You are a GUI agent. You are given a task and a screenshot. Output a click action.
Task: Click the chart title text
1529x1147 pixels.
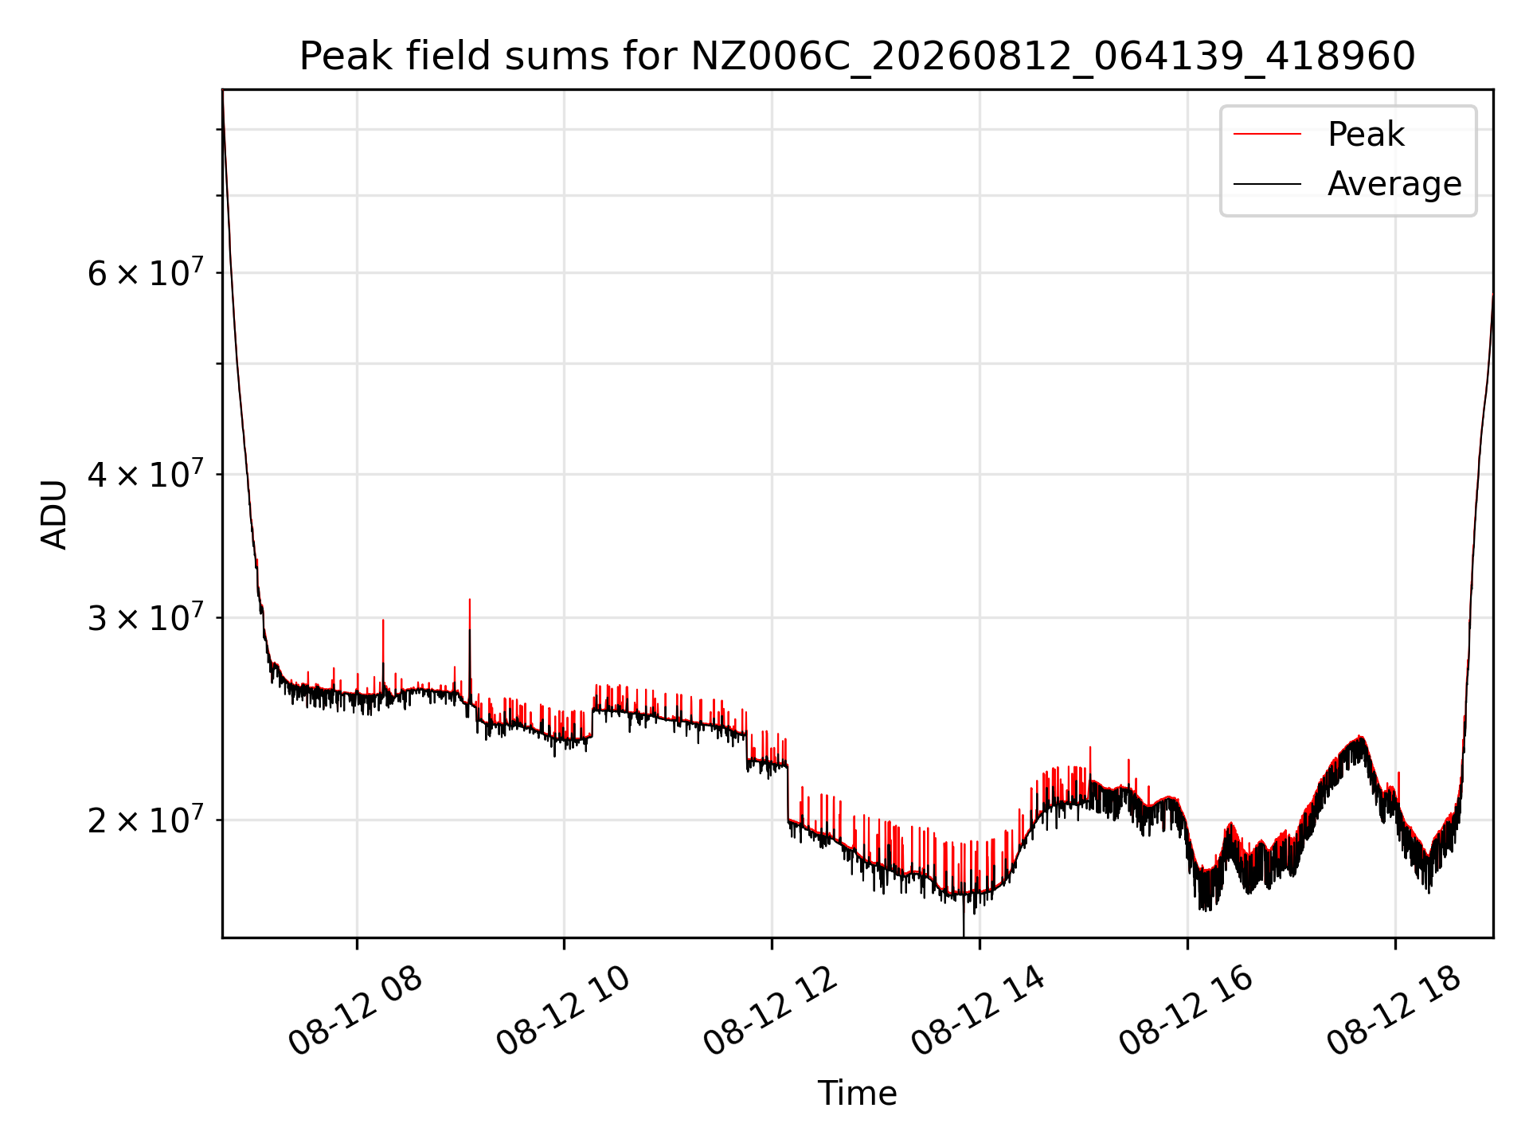tap(857, 57)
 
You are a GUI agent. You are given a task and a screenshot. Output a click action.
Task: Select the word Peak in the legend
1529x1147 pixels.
tap(1366, 135)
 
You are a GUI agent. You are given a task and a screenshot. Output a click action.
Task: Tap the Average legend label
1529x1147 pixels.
tap(1394, 184)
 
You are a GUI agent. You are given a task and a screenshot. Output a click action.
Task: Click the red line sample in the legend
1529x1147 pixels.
tap(1267, 135)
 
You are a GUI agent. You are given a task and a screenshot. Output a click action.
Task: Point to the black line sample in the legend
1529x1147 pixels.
tap(1267, 184)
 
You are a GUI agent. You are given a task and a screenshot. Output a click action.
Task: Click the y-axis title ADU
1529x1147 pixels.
tap(54, 514)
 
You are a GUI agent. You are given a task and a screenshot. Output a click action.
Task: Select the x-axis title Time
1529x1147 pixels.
tap(857, 1094)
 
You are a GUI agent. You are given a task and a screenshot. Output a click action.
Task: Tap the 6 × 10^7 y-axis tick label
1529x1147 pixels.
tap(144, 272)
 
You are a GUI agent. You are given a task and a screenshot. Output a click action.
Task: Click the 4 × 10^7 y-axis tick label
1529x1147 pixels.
tap(144, 474)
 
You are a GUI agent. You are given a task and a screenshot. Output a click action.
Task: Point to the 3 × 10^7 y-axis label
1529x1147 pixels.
tap(144, 617)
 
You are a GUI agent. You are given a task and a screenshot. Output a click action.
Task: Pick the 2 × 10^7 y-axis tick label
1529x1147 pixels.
tap(144, 819)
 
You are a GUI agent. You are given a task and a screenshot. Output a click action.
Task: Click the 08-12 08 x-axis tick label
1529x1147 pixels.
tap(355, 1010)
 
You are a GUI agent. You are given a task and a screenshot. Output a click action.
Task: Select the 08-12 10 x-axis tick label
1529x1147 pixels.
tap(563, 1010)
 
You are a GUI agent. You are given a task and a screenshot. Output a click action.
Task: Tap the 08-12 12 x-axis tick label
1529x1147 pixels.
tap(771, 1010)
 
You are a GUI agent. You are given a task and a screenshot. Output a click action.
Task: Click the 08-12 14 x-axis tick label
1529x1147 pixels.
tap(978, 1010)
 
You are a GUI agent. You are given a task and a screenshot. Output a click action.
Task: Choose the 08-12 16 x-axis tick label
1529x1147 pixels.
tap(1187, 1010)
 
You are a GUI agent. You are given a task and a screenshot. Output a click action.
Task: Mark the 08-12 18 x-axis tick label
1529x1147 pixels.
tap(1394, 1010)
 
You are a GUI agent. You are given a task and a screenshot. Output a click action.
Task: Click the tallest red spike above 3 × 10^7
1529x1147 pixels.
tap(470, 600)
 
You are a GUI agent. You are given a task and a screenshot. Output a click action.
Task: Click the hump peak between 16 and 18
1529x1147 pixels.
tap(1360, 737)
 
